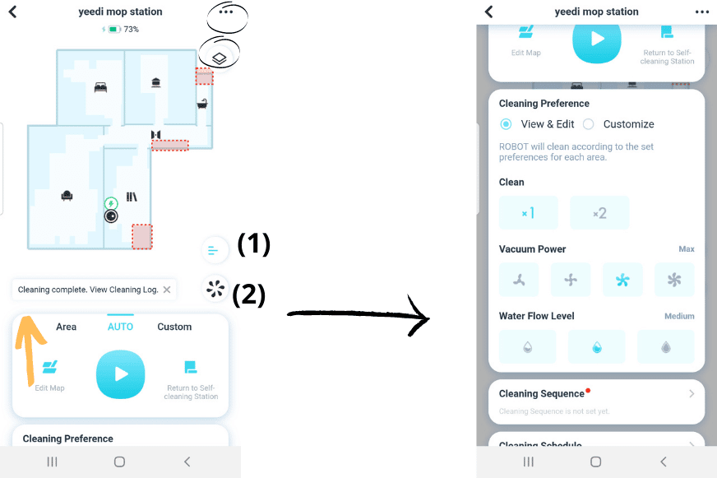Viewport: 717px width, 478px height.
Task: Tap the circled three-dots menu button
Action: tap(226, 13)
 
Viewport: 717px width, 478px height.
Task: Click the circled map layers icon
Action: tap(220, 58)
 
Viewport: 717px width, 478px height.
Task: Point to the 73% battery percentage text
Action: tap(131, 30)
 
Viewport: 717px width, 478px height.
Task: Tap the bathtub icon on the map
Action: tap(202, 104)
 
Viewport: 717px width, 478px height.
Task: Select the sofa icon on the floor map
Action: tap(67, 195)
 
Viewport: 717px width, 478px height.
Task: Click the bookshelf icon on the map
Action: tap(132, 197)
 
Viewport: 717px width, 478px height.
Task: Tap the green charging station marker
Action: tap(110, 203)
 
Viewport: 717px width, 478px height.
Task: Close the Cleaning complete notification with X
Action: tap(167, 290)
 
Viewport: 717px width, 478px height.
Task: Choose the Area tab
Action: tap(67, 327)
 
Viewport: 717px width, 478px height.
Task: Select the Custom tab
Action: tap(174, 327)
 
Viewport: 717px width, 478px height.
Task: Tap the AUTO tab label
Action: tap(121, 327)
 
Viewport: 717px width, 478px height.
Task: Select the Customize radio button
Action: tap(589, 124)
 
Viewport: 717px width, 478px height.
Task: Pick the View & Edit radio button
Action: tap(507, 124)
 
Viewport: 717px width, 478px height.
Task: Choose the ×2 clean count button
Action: tap(599, 213)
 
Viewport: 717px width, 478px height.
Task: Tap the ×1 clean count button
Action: tap(528, 213)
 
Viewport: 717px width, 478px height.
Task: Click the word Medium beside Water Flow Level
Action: tap(679, 316)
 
